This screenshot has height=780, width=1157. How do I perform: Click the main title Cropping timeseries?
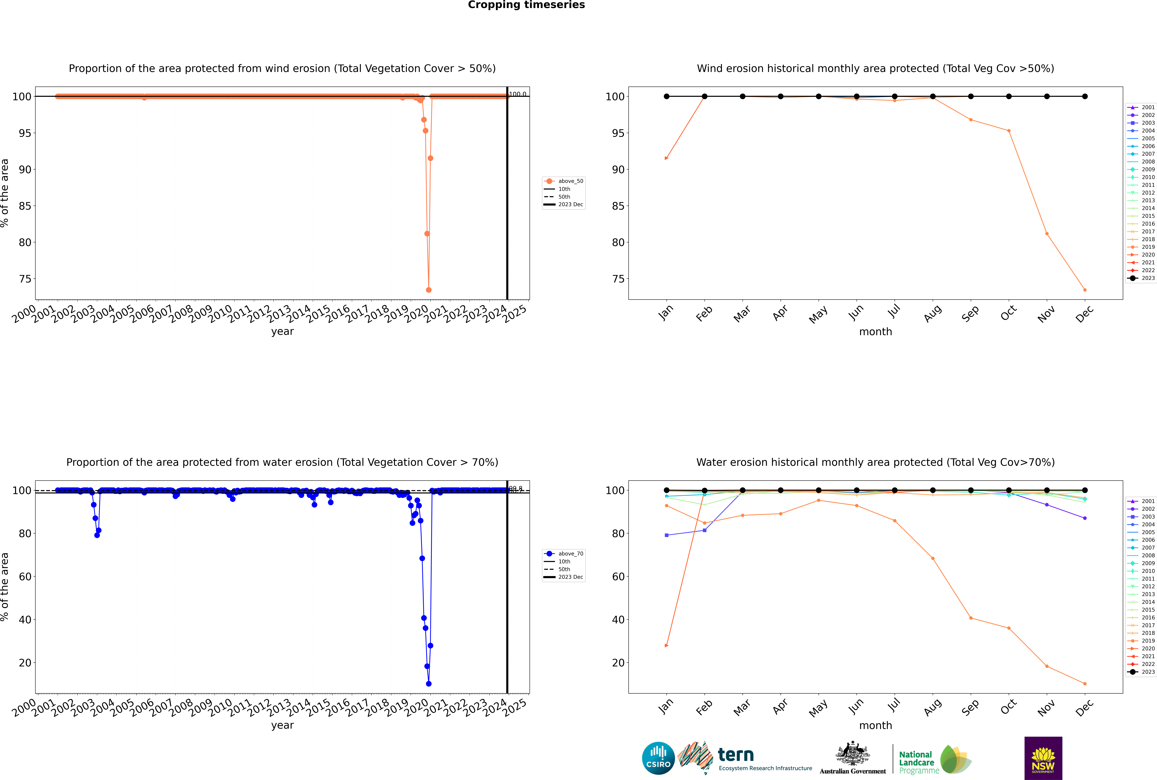[x=526, y=5]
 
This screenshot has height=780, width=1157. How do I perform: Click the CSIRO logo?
[x=658, y=758]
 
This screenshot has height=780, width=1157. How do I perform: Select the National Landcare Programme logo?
[x=934, y=760]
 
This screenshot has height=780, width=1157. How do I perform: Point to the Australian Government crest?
[x=853, y=757]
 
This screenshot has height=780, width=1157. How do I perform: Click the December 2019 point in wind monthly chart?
[x=1085, y=290]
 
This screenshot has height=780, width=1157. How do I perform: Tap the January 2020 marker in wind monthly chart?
[x=667, y=158]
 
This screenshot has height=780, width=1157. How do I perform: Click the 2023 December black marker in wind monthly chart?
[x=1085, y=97]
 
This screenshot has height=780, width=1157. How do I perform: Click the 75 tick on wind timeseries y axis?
[x=25, y=279]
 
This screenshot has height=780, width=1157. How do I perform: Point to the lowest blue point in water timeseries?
[x=429, y=684]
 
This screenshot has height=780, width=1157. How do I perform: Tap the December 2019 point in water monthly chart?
[x=1085, y=684]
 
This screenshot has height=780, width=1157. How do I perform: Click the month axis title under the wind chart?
[x=875, y=332]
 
